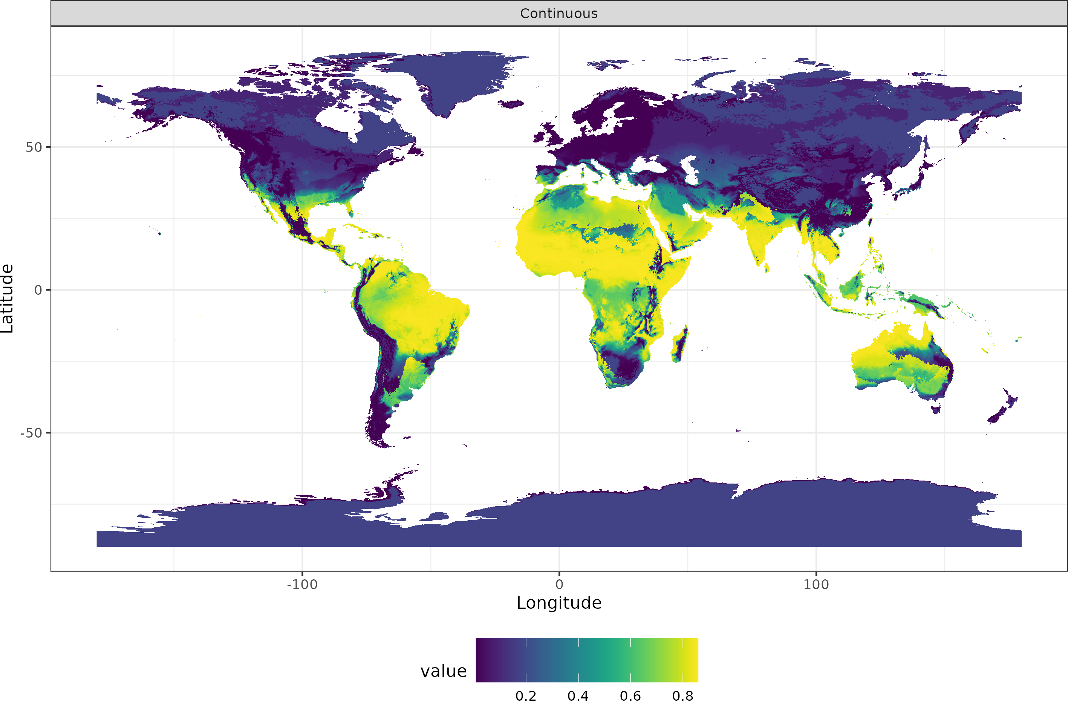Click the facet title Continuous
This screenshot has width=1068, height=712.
pos(559,14)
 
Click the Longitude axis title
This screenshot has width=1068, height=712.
pos(559,603)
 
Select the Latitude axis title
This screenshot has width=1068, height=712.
pos(7,299)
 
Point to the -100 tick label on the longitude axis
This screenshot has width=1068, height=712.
pos(302,584)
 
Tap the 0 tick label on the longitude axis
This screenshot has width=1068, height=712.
pos(559,584)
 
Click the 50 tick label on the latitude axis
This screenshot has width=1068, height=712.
pos(34,147)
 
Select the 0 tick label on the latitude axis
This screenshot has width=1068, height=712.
pos(38,290)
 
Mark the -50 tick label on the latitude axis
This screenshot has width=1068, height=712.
pos(31,433)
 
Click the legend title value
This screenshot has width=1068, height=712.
pos(444,671)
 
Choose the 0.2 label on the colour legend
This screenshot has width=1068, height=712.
pos(526,696)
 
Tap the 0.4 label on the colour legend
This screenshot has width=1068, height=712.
pos(578,696)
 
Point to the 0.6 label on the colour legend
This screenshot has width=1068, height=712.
pos(630,696)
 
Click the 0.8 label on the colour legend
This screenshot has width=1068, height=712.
pos(682,696)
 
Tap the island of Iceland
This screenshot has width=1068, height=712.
pos(511,104)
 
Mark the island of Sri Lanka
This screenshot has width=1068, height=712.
pos(766,268)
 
